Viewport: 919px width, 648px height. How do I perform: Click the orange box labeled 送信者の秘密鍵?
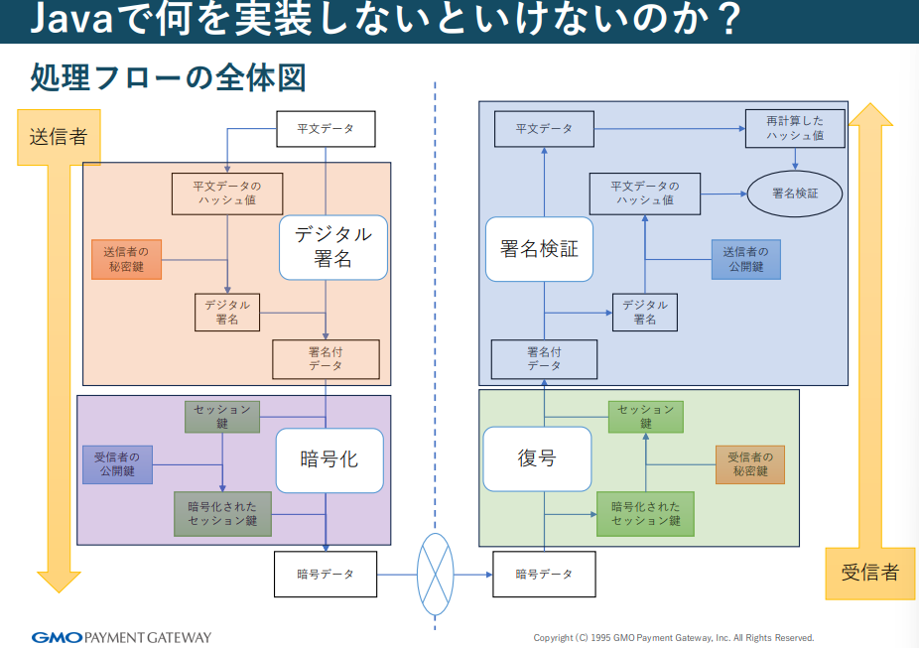tap(126, 259)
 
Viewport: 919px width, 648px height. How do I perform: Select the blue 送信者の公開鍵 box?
tap(744, 259)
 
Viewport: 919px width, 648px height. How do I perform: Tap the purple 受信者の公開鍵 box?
tap(117, 464)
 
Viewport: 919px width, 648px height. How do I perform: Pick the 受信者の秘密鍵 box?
tap(749, 464)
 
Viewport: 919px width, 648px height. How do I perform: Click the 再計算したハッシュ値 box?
tap(794, 128)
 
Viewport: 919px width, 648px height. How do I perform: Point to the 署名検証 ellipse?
tap(794, 194)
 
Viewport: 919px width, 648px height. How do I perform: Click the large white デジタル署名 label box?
tap(332, 247)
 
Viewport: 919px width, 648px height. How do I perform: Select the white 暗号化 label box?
tap(328, 460)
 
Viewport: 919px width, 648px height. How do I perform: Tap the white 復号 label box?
tap(537, 458)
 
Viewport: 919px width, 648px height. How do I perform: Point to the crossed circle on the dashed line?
tap(435, 574)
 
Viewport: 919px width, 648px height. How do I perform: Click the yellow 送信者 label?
tap(58, 136)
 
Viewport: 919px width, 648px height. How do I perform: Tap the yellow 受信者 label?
tap(869, 573)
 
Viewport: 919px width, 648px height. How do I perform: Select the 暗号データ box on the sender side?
tap(326, 574)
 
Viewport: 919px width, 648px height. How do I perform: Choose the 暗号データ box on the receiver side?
tap(545, 574)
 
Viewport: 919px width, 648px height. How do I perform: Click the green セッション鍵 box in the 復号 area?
tap(645, 417)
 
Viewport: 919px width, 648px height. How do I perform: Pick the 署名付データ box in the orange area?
tap(326, 359)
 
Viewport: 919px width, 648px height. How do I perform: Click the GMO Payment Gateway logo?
tap(121, 637)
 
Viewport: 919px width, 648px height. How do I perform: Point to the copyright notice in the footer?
tap(673, 638)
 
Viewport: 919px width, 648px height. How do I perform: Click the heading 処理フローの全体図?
tap(168, 77)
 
